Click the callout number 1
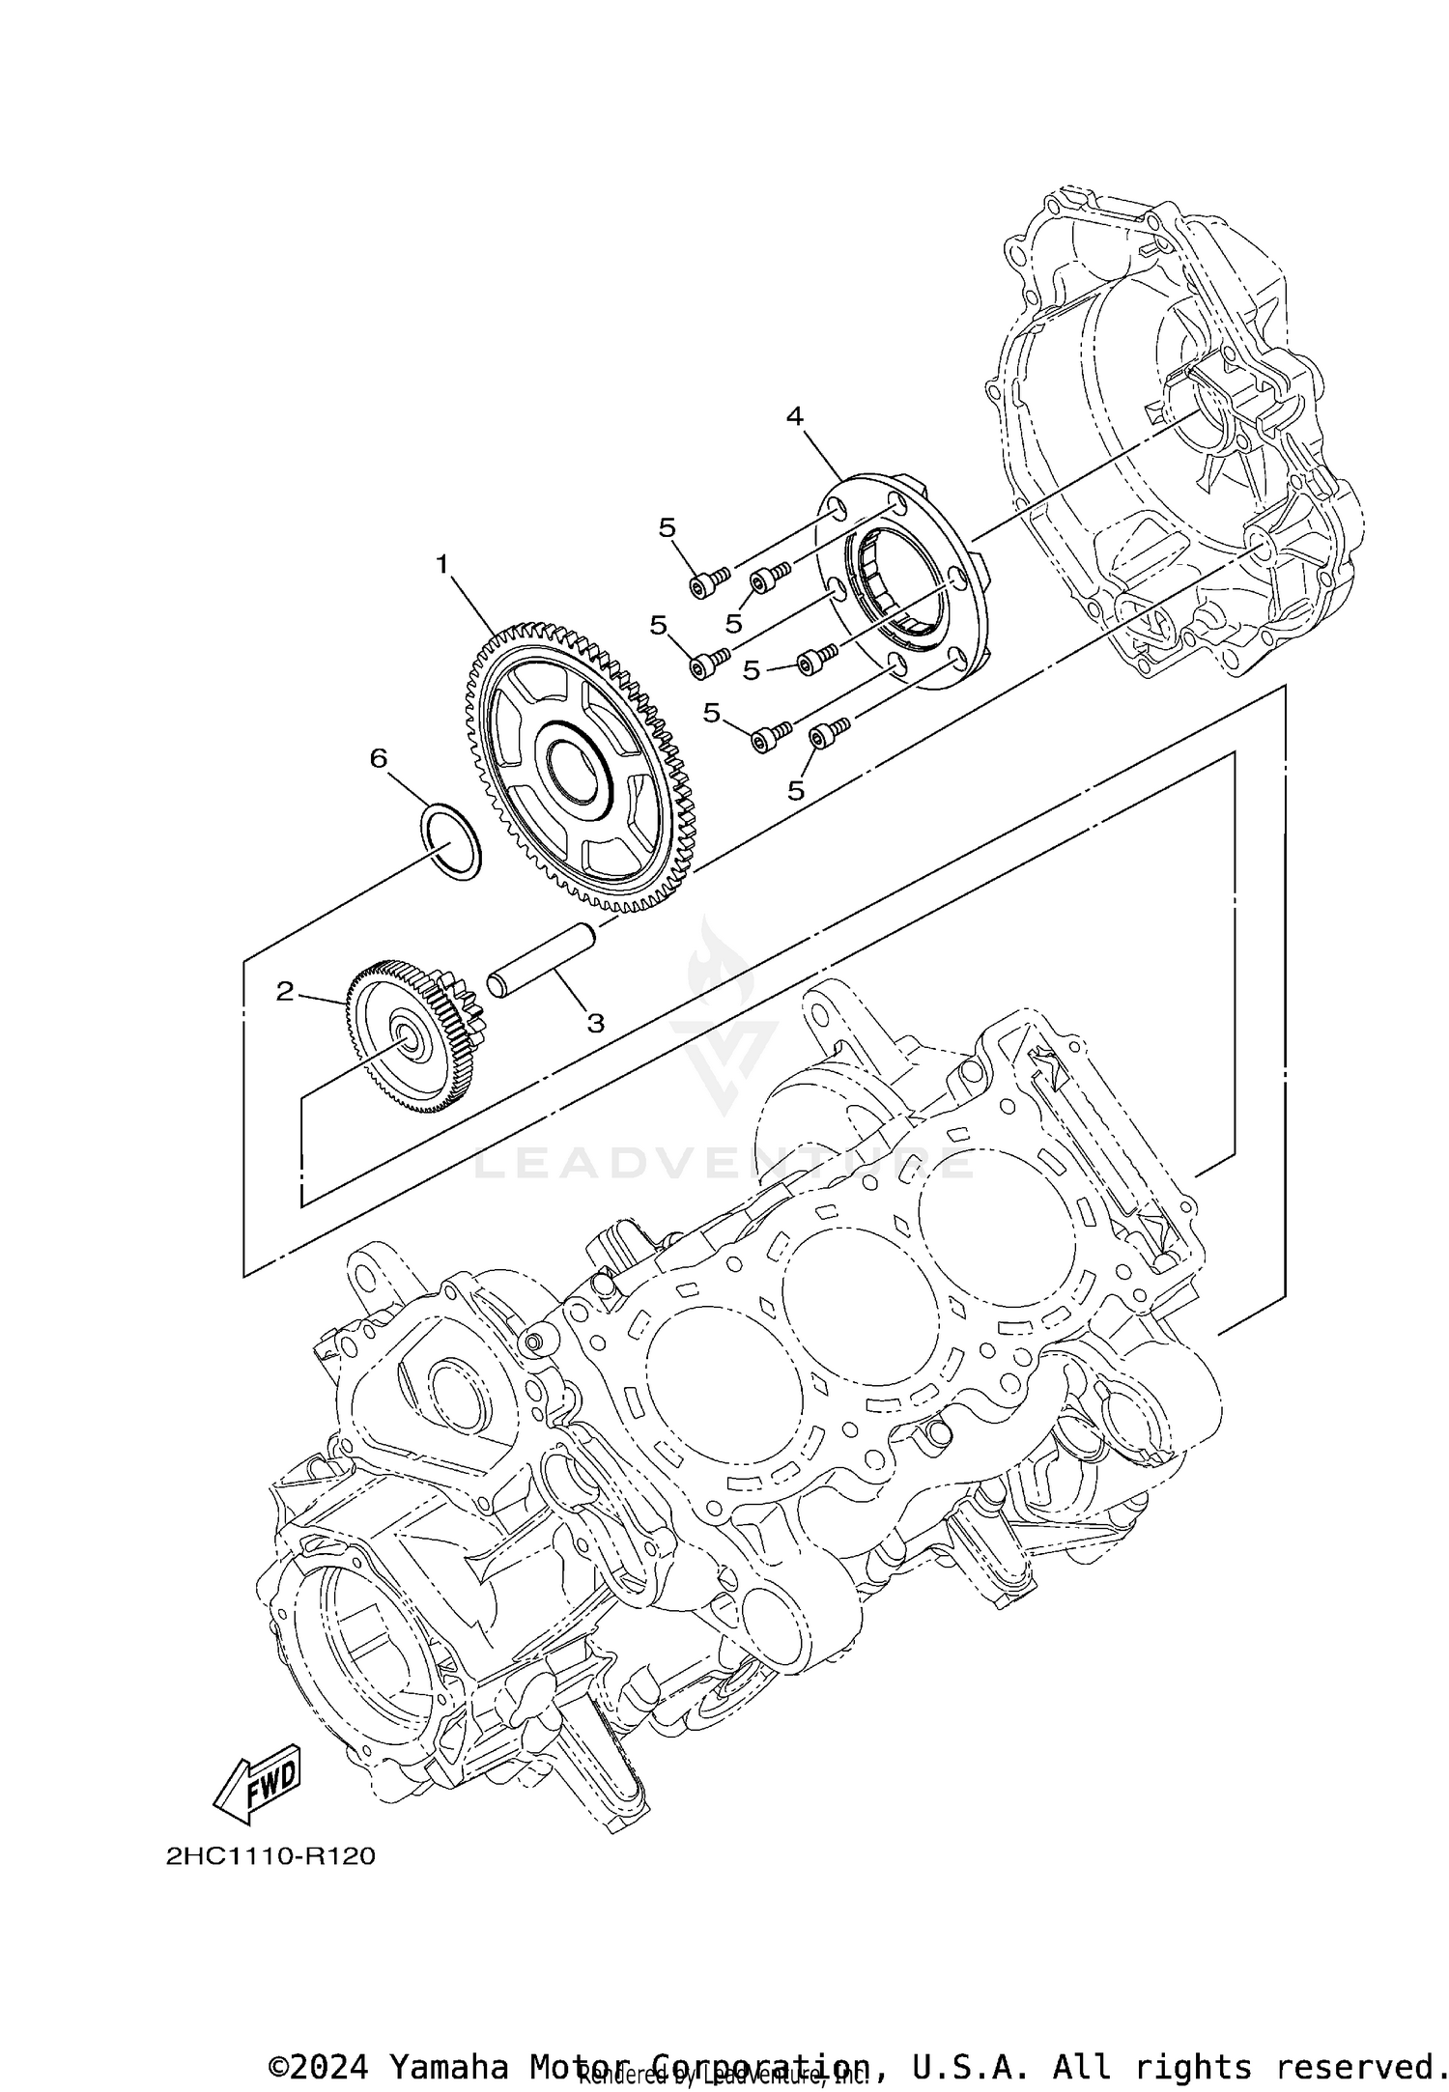[442, 564]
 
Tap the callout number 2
[284, 991]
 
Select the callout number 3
[595, 1023]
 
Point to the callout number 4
[794, 416]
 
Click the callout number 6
[378, 758]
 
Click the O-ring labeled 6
[450, 839]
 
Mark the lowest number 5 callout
[795, 790]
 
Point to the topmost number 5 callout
[668, 527]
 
